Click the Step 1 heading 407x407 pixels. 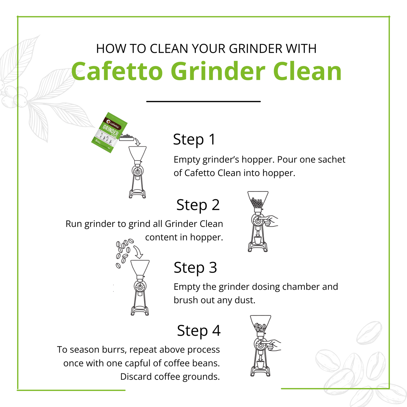tap(194, 140)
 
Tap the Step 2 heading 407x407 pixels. tap(198, 205)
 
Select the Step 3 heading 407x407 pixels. tap(195, 268)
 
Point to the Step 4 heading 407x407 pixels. tap(199, 331)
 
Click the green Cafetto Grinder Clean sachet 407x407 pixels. tap(109, 132)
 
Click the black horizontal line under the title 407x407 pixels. tap(203, 102)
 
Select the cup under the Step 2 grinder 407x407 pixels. tap(258, 240)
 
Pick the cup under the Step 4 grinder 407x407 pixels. tap(261, 365)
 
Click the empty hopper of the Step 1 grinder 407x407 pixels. tap(137, 153)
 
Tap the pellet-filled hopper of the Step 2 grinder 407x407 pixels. tap(258, 200)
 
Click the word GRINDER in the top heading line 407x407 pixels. tap(256, 49)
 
